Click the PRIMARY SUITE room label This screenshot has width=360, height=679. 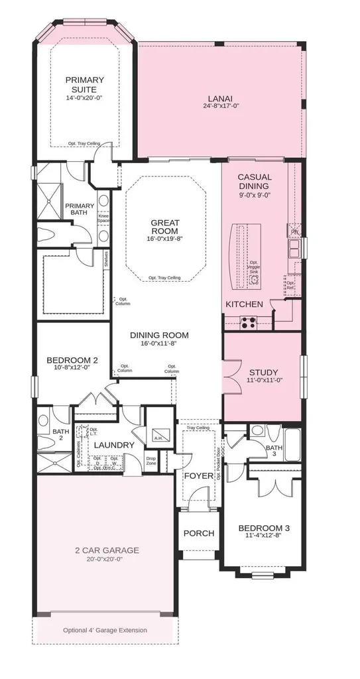(x=84, y=84)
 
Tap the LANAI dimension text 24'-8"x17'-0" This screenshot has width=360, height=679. (x=221, y=105)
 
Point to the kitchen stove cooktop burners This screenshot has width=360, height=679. (x=248, y=323)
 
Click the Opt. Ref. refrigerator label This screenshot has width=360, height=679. (x=290, y=285)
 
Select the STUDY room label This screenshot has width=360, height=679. (x=263, y=372)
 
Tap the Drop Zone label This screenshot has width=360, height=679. (x=151, y=460)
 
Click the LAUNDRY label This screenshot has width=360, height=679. (x=114, y=445)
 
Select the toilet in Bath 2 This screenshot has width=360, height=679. (x=44, y=420)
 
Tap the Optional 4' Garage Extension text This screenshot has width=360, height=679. (x=105, y=630)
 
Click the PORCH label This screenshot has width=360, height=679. (x=198, y=532)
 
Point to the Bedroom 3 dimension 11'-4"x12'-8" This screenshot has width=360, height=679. (x=263, y=538)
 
